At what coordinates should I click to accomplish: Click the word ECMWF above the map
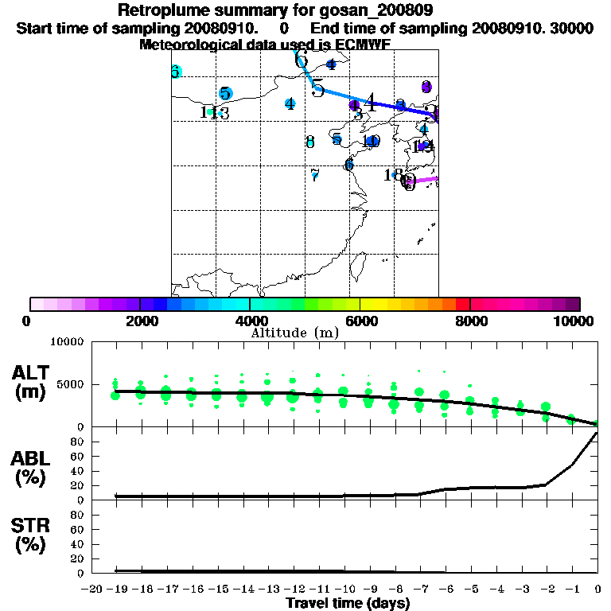pyautogui.click(x=361, y=45)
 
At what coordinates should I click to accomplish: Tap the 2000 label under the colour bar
pyautogui.click(x=139, y=321)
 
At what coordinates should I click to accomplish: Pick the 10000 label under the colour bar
pyautogui.click(x=575, y=321)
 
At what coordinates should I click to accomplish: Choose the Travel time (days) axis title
pyautogui.click(x=348, y=603)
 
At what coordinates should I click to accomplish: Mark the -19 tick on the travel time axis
pyautogui.click(x=115, y=589)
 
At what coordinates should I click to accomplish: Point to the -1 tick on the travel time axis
pyautogui.click(x=571, y=589)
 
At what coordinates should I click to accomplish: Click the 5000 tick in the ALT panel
pyautogui.click(x=71, y=384)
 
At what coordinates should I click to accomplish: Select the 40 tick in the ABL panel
pyautogui.click(x=78, y=471)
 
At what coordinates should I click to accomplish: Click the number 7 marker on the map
pyautogui.click(x=315, y=174)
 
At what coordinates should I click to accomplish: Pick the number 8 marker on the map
pyautogui.click(x=310, y=142)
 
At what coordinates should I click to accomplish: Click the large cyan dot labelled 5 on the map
pyautogui.click(x=225, y=94)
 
